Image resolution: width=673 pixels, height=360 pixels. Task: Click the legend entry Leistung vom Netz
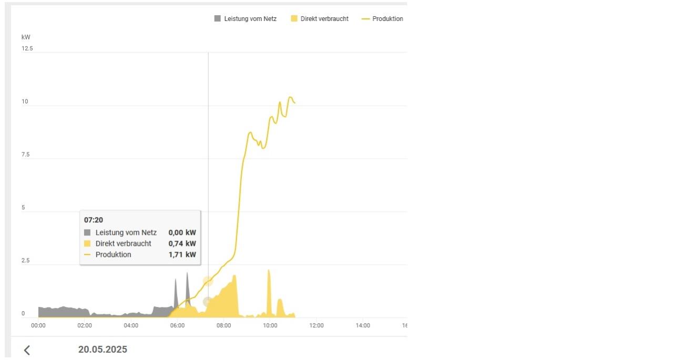[245, 19]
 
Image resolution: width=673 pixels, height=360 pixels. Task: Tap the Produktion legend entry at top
[382, 19]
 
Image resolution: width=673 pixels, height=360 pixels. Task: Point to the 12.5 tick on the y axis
[27, 49]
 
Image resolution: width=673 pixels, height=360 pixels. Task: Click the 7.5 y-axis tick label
[26, 155]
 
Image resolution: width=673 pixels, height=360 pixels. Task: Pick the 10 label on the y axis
[25, 101]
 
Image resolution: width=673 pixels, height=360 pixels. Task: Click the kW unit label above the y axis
[26, 37]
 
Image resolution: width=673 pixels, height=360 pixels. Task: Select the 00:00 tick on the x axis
[38, 326]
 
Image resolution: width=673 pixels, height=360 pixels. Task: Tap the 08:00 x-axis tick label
[223, 326]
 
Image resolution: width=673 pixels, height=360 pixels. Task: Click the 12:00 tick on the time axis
[317, 326]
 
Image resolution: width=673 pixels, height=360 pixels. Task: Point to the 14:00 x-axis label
[363, 326]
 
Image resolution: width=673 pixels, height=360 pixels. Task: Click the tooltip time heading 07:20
[94, 220]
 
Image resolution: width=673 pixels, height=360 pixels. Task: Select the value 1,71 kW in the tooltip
[182, 255]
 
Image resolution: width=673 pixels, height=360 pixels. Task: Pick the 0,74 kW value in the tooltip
[182, 244]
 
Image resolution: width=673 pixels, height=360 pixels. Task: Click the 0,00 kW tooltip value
[182, 232]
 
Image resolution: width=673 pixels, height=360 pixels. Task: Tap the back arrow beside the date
[27, 350]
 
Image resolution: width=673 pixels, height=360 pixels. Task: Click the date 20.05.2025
[103, 350]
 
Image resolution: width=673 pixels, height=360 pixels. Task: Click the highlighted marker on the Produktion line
[208, 281]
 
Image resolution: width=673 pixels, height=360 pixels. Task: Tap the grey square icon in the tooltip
[87, 232]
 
